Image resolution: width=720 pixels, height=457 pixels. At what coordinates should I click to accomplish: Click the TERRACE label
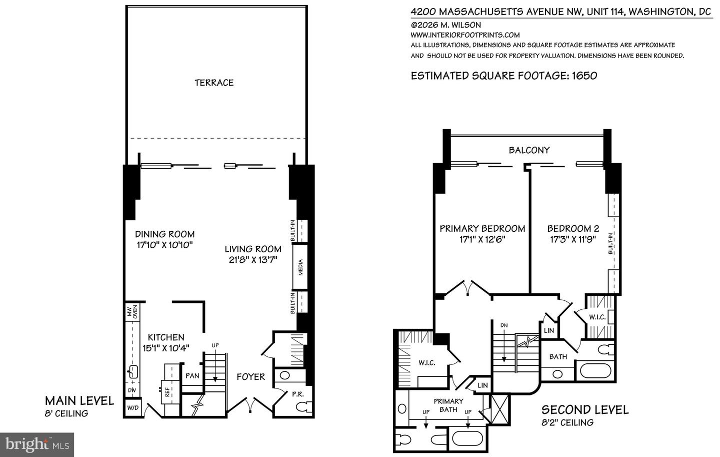tap(214, 83)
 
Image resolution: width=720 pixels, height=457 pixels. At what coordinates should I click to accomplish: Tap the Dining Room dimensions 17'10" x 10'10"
tap(164, 245)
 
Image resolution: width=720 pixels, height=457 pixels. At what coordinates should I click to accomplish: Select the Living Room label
tap(252, 249)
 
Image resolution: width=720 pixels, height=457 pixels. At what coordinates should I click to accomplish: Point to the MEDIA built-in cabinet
tap(300, 266)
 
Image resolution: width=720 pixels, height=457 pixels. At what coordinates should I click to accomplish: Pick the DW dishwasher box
tap(131, 390)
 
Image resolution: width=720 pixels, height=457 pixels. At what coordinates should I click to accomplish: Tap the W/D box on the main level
tap(132, 408)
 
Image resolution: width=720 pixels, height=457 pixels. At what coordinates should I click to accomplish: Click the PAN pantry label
tap(192, 375)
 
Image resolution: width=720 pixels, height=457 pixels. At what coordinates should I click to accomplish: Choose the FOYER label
tap(250, 377)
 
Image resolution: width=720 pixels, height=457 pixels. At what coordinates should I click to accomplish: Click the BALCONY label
tap(529, 150)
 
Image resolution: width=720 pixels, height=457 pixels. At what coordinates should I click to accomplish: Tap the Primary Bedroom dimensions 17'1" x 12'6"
tap(482, 239)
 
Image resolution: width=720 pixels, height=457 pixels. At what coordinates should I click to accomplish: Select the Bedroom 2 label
tap(572, 228)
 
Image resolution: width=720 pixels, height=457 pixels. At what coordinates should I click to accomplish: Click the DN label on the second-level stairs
tap(503, 325)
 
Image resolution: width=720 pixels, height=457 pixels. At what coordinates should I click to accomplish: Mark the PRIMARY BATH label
tap(448, 405)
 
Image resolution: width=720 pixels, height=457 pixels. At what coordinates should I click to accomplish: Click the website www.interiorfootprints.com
tap(465, 35)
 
